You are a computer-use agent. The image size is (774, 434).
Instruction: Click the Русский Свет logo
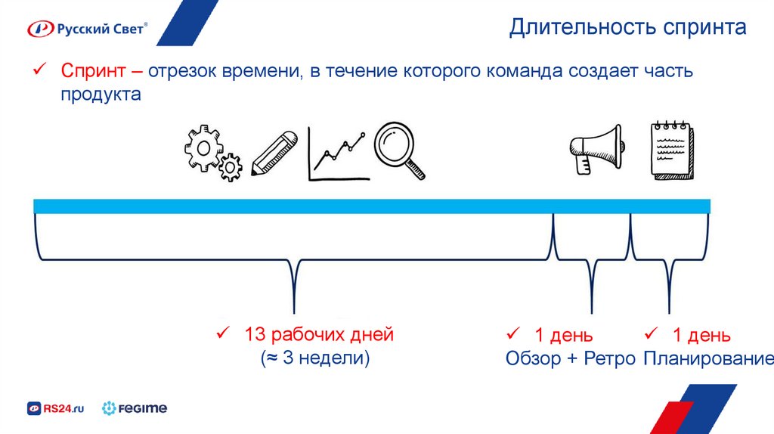coord(88,29)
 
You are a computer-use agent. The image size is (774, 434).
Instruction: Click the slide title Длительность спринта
coord(627,28)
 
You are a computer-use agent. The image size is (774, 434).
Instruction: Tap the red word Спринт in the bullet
coord(88,72)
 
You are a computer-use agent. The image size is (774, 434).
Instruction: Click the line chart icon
coord(339,154)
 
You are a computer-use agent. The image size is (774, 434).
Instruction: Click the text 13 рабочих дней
coord(318,334)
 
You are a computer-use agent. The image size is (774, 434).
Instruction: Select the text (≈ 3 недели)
coord(316,358)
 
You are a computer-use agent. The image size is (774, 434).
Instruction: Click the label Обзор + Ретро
coord(570,358)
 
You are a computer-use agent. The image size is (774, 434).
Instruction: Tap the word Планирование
coord(707,358)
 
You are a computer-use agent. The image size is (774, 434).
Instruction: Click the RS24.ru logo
coord(56,409)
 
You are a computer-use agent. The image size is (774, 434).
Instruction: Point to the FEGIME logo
coord(135,409)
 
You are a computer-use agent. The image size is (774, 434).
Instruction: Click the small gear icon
coord(230,166)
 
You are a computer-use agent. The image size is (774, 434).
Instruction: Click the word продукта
coord(101,95)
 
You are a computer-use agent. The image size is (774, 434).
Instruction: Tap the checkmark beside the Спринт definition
coord(38,71)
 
